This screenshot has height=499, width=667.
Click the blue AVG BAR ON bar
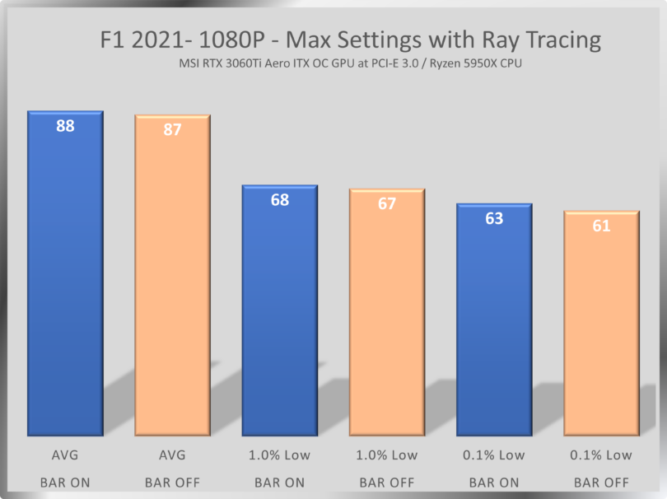(x=65, y=280)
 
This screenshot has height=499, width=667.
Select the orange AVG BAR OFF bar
(x=173, y=284)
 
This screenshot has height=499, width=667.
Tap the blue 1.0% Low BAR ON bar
(x=280, y=317)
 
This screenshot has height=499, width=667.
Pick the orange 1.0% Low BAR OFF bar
(x=387, y=321)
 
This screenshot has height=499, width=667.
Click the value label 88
(x=65, y=126)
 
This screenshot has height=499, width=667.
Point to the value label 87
(x=173, y=130)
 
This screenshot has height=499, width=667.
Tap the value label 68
(x=280, y=200)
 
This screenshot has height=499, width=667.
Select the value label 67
(x=387, y=204)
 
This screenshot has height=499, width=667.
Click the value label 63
(x=494, y=219)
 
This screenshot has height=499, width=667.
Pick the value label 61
(x=602, y=226)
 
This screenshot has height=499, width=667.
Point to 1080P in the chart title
(x=236, y=40)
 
